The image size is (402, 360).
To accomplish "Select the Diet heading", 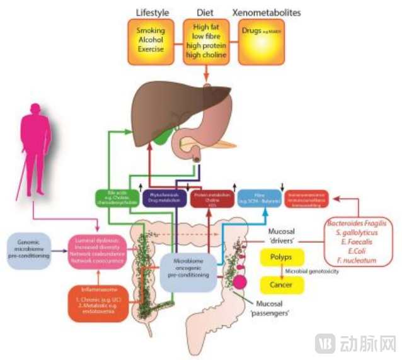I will (205, 13).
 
